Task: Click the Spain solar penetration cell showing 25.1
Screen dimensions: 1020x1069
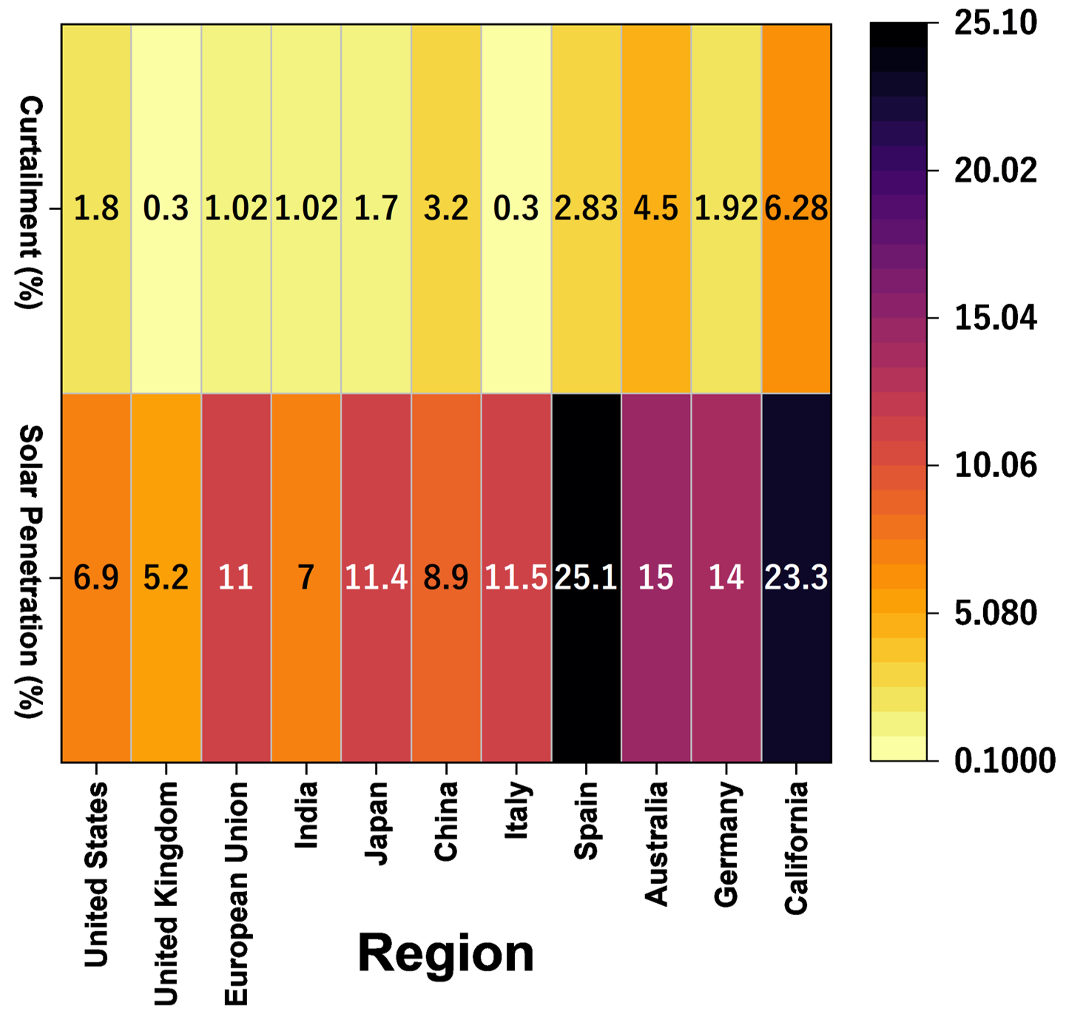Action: [586, 578]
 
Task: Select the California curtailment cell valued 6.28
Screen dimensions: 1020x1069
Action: [796, 209]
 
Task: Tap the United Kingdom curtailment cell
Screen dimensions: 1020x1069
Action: [166, 209]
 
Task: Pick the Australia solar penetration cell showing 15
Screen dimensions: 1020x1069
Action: [656, 578]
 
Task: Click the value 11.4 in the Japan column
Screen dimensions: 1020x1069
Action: [376, 578]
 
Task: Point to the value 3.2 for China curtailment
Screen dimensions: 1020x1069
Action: [446, 209]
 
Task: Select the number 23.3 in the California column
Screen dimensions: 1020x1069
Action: [796, 578]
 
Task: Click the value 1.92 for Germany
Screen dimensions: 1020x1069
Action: [726, 209]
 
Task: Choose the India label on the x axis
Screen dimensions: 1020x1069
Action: [306, 814]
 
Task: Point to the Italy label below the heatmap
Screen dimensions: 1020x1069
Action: [516, 811]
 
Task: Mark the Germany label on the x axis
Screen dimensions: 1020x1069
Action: [726, 844]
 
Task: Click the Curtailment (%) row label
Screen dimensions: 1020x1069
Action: [30, 202]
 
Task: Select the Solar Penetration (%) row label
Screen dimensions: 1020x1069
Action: [30, 571]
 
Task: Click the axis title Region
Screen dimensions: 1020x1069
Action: [445, 953]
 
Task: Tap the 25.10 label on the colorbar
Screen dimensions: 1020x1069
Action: [995, 24]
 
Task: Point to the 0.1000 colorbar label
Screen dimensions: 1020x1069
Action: [1004, 761]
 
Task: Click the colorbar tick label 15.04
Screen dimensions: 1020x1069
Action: [995, 318]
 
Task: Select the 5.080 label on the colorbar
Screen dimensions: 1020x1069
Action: [995, 613]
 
